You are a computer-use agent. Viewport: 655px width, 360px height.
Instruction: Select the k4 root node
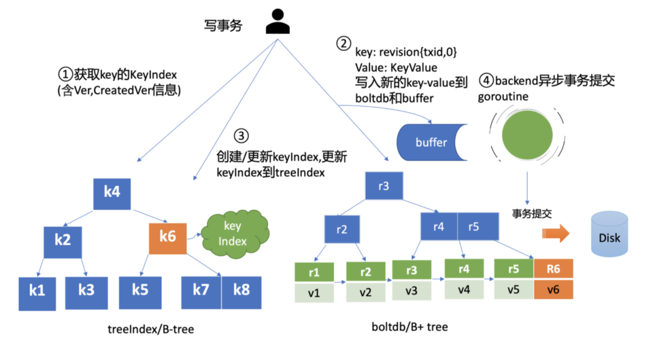tap(112, 193)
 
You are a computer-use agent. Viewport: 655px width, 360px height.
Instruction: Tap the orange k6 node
tap(167, 236)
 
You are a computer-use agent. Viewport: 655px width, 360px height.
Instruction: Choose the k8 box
tap(241, 289)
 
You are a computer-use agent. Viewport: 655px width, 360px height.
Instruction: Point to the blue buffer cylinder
tap(431, 143)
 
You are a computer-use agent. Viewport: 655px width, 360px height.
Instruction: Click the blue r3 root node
tap(383, 185)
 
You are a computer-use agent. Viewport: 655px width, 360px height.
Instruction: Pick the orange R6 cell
tap(553, 271)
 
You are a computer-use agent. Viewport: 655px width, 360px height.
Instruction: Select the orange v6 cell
tap(553, 290)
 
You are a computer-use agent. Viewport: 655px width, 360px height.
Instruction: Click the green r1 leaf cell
tap(314, 273)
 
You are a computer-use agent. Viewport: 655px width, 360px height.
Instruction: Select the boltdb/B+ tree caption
tap(409, 327)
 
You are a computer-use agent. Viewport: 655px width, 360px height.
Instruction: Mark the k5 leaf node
tap(139, 290)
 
